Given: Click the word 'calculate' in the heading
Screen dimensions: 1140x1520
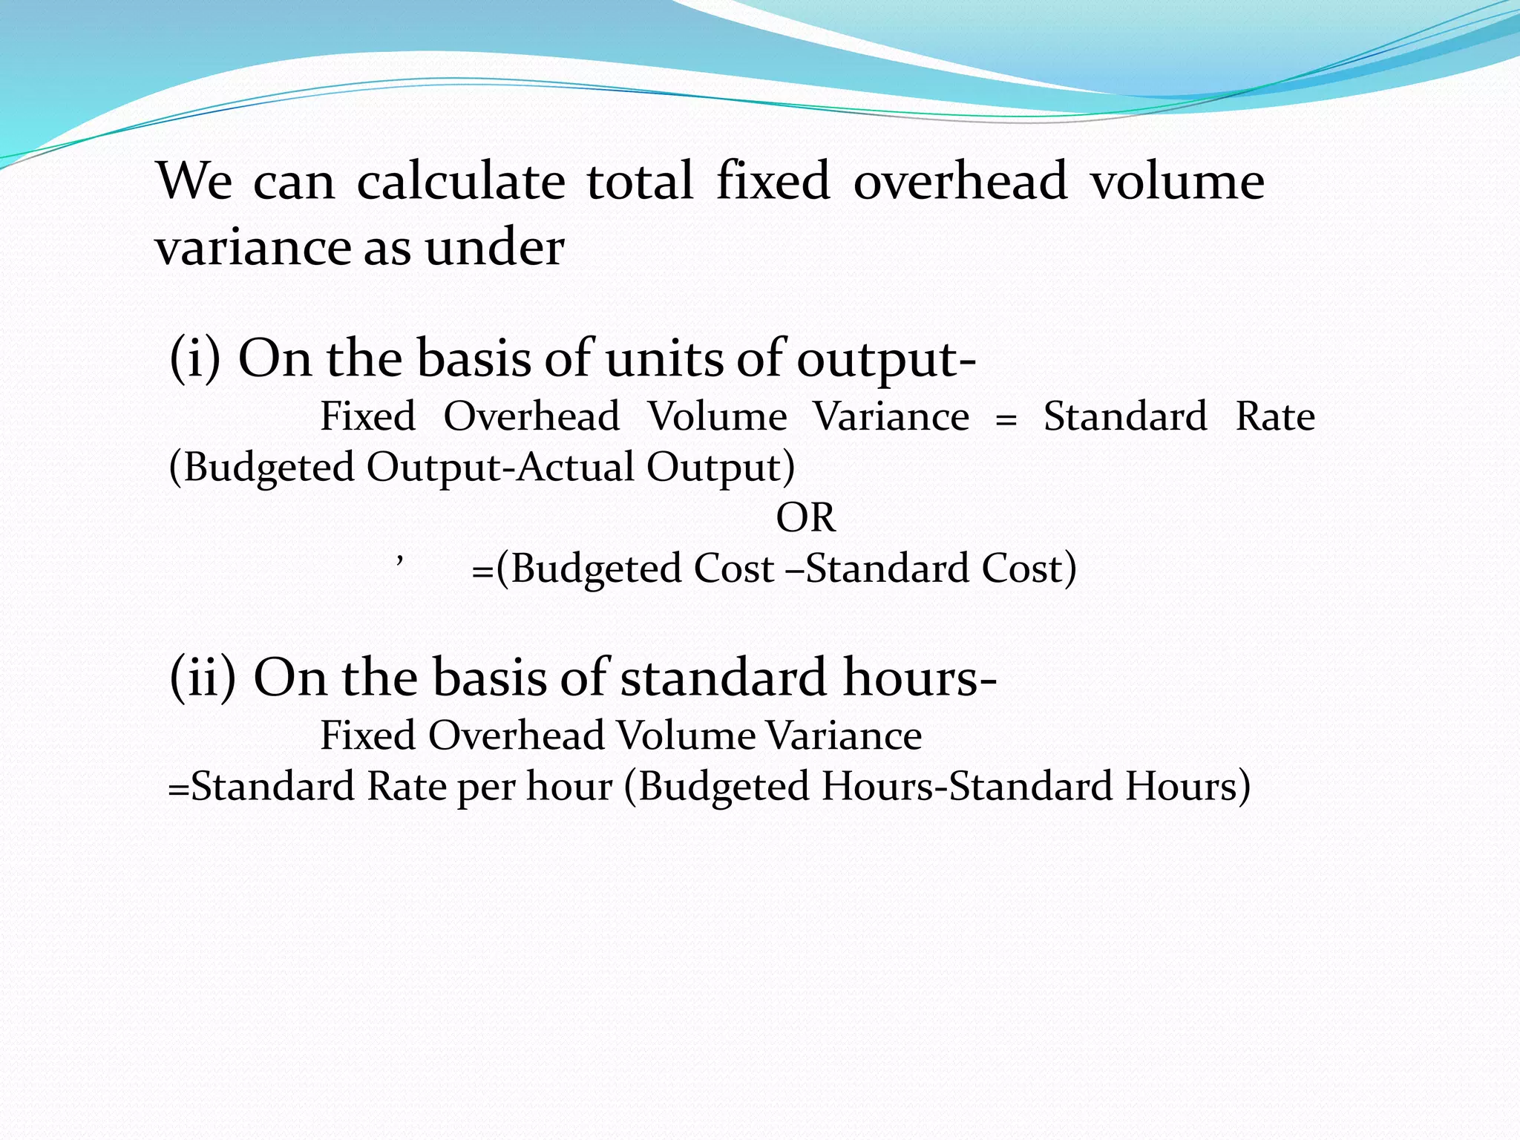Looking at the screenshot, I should tap(460, 181).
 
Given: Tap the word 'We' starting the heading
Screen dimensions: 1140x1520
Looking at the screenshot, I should tap(194, 181).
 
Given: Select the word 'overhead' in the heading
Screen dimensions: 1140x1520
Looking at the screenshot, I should tap(960, 181).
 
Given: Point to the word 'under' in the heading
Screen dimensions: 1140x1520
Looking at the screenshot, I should tap(494, 247).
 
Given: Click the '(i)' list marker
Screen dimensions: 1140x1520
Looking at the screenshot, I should tap(195, 358).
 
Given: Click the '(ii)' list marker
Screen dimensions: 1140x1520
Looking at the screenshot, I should tap(203, 678).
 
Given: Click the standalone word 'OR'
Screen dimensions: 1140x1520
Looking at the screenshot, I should tap(805, 517).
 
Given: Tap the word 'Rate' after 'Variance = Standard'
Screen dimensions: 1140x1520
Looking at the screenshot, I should tap(1274, 416).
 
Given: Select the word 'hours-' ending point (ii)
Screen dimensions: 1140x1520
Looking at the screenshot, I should tap(920, 678).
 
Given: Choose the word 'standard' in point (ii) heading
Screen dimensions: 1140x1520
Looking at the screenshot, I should tap(723, 678).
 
